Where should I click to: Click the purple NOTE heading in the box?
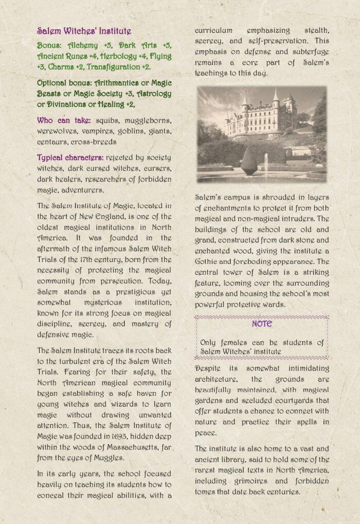coord(262,324)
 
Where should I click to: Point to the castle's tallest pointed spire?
coord(276,95)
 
